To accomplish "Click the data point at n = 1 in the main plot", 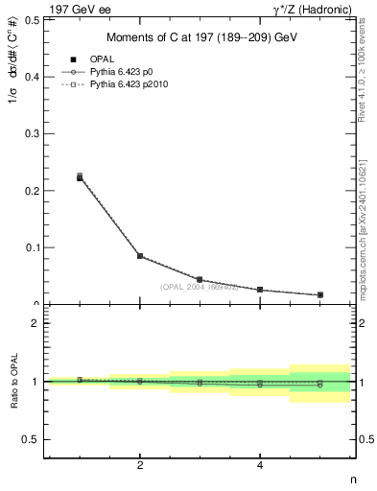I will pyautogui.click(x=80, y=177).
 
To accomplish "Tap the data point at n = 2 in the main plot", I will pyautogui.click(x=140, y=256).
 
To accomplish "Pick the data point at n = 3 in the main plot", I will pyautogui.click(x=200, y=280).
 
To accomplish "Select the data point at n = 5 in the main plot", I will pyautogui.click(x=319, y=294).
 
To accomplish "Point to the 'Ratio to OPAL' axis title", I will pyautogui.click(x=12, y=382).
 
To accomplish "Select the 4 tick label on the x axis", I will pyautogui.click(x=260, y=466).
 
